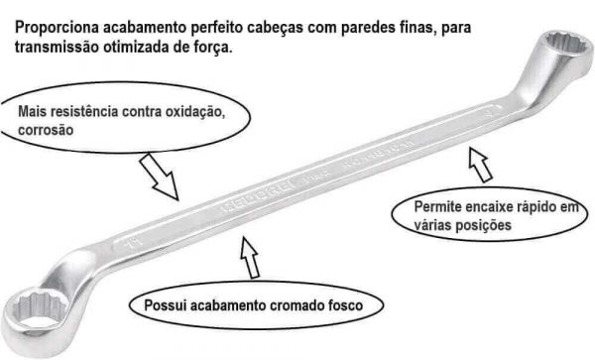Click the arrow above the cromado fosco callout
[248, 260]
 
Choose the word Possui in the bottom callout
[164, 302]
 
